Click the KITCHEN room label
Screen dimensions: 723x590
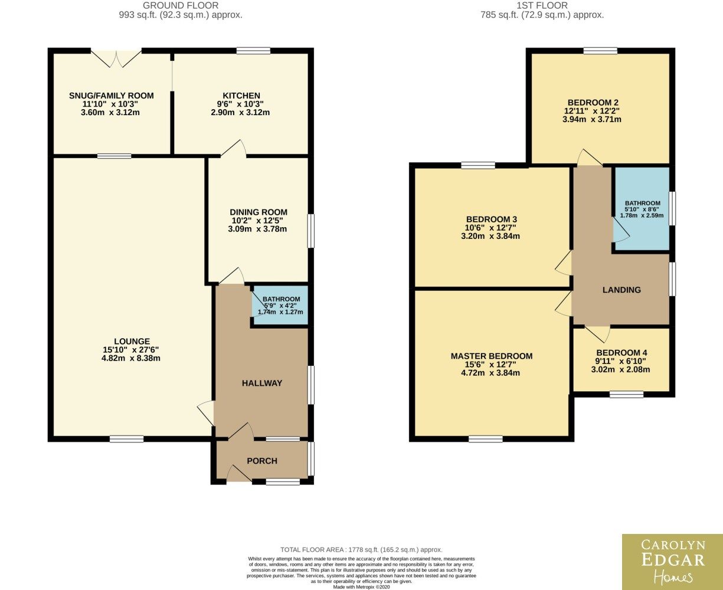pyautogui.click(x=241, y=96)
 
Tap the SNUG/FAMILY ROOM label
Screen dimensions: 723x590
pyautogui.click(x=112, y=96)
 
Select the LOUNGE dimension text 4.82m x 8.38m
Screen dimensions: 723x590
pyautogui.click(x=131, y=358)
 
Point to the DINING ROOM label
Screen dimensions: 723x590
pyautogui.click(x=259, y=212)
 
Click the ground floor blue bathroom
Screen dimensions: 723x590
pyautogui.click(x=280, y=305)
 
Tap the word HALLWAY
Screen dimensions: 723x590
pyautogui.click(x=262, y=383)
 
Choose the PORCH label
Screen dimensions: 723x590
pyautogui.click(x=262, y=461)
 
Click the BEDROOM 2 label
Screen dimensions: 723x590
pyautogui.click(x=593, y=103)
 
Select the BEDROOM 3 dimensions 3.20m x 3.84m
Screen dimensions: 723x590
pyautogui.click(x=490, y=236)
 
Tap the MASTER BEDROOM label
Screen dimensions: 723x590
pyautogui.click(x=492, y=356)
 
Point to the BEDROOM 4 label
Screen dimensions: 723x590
pyautogui.click(x=622, y=353)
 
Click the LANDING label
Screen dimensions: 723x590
pyautogui.click(x=621, y=290)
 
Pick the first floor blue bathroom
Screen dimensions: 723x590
pyautogui.click(x=642, y=209)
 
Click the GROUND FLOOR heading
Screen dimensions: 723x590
pyautogui.click(x=181, y=5)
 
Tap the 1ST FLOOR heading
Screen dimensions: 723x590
pyautogui.click(x=542, y=5)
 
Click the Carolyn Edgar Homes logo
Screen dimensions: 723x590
pyautogui.click(x=673, y=562)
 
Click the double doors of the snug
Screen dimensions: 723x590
pyautogui.click(x=116, y=58)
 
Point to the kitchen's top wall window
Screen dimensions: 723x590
pyautogui.click(x=253, y=51)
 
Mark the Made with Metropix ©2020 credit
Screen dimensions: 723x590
pyautogui.click(x=361, y=587)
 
